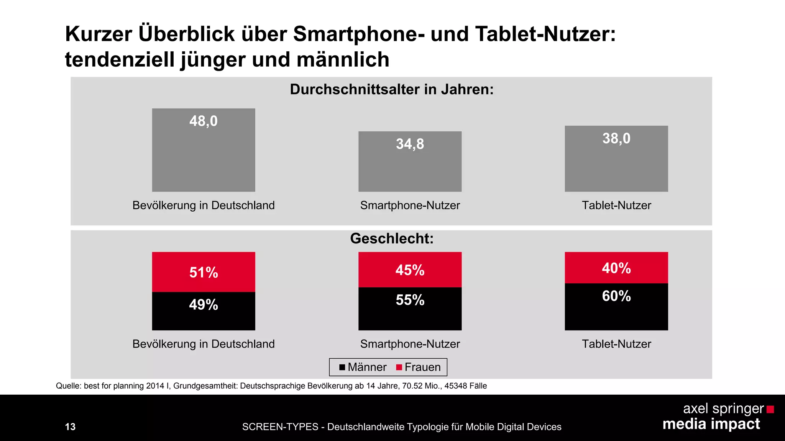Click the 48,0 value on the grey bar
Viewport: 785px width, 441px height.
pos(203,121)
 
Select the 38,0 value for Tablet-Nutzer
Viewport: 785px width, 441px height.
pos(616,138)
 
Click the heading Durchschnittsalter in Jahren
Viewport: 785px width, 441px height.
pos(391,89)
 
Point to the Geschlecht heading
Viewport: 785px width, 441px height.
pos(391,238)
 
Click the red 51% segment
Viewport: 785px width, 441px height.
pos(204,272)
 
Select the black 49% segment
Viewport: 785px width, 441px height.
pos(204,311)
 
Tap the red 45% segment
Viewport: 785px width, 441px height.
pos(410,269)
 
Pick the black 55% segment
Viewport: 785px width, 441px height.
pos(410,309)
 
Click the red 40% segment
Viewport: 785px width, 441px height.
pos(616,268)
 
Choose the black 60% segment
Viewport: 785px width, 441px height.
pos(616,306)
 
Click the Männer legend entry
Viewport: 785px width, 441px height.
pos(363,367)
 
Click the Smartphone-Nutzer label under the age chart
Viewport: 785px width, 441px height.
pos(410,205)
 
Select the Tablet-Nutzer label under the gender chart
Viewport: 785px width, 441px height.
pos(616,344)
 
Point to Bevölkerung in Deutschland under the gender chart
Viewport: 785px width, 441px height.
pos(204,344)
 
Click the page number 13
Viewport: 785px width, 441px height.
pos(70,427)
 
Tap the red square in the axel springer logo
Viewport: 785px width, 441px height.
pos(770,410)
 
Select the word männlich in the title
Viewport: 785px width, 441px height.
pos(343,60)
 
